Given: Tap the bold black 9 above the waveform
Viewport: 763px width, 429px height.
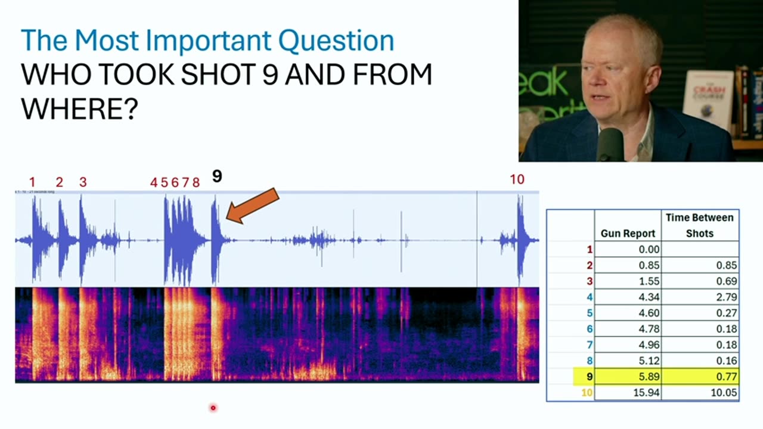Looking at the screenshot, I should click(x=217, y=176).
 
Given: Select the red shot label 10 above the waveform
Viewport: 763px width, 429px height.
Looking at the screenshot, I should click(x=517, y=179).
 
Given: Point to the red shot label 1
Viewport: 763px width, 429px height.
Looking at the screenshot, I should click(x=32, y=182).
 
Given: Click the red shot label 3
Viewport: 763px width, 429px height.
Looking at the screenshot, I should click(x=83, y=182).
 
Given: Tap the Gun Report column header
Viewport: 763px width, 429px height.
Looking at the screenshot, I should click(x=628, y=234).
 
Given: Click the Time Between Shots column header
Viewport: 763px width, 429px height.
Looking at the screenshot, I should click(x=700, y=225).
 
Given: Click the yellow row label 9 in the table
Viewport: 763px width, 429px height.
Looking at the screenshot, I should click(x=589, y=377).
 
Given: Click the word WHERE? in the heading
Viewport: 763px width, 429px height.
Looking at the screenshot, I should click(x=79, y=109).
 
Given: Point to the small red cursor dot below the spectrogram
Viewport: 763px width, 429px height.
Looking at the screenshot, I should click(x=213, y=408).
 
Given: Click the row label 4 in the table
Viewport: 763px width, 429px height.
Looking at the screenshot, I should click(x=589, y=297).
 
